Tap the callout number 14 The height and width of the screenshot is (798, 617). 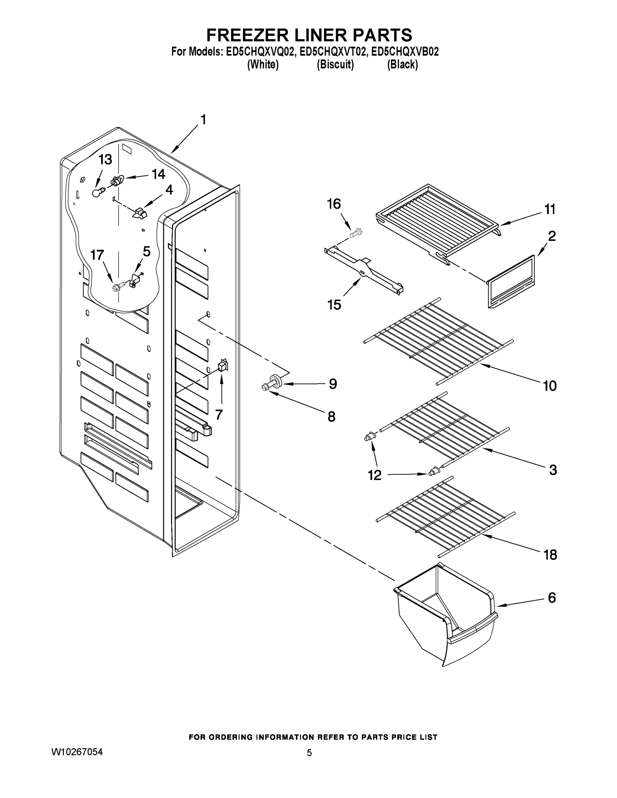[158, 174]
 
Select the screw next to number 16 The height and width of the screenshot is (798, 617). [356, 232]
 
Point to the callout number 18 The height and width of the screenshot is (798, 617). [550, 555]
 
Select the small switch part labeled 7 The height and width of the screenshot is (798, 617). [223, 365]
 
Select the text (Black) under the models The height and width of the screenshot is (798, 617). [402, 65]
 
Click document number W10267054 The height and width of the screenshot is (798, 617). [77, 751]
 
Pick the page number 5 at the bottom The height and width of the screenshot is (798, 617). [309, 753]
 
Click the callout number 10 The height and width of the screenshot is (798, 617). [549, 385]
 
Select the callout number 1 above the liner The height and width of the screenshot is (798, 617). [203, 119]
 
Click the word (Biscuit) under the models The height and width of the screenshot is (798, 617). [335, 65]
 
